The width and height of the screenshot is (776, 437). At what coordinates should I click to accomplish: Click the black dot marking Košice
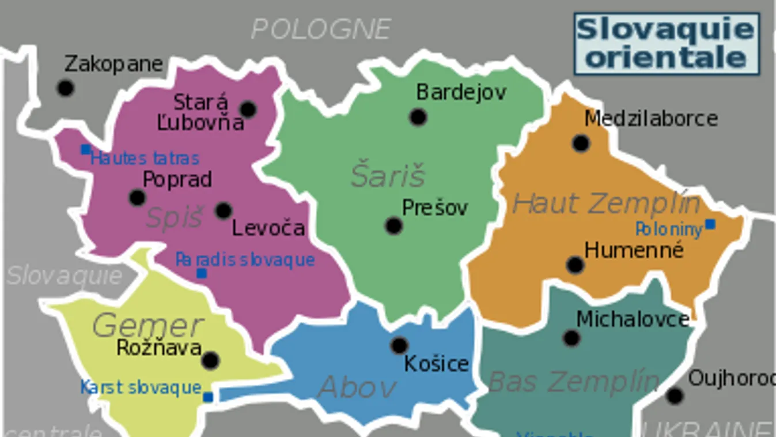coord(399,345)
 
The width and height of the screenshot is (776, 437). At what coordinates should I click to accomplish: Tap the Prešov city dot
coord(393,225)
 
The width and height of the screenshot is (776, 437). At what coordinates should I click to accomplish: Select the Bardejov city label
coord(461,92)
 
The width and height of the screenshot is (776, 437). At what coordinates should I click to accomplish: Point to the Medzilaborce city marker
coord(581,142)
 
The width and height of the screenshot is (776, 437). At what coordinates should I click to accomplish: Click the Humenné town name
coord(634,250)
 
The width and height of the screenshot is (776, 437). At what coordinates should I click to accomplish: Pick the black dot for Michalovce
coord(571,338)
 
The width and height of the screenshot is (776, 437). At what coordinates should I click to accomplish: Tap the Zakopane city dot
coord(66,88)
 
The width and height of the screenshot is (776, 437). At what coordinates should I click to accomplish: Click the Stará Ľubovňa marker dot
coord(248,109)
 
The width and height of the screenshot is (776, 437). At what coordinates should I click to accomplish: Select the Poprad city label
coord(177,179)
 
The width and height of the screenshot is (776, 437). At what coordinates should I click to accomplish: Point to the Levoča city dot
coord(224,210)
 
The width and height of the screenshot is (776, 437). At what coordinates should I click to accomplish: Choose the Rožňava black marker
coord(210,360)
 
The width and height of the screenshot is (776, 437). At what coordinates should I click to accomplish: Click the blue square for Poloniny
coord(710,224)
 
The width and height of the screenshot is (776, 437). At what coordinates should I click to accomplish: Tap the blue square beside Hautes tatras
coord(85,150)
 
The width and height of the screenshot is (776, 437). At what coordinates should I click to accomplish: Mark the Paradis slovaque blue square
coord(202,273)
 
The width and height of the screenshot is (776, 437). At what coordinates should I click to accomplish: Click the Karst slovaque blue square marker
coord(208,397)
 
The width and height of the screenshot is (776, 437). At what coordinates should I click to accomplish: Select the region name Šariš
coord(388,175)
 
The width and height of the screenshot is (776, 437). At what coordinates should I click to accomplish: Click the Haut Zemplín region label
coord(606,204)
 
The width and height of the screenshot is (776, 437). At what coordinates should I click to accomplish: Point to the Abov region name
coord(357,387)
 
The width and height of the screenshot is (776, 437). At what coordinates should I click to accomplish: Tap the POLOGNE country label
coord(321,29)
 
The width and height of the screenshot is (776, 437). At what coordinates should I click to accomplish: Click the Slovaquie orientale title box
coord(667,44)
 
